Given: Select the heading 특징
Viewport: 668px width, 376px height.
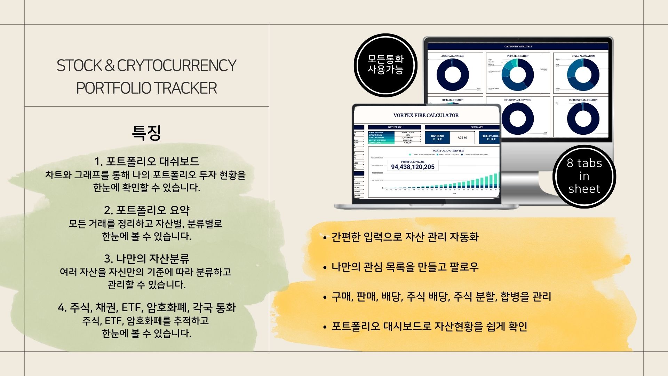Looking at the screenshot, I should (146, 133).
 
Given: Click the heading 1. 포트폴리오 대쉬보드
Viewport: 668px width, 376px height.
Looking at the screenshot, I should (146, 162).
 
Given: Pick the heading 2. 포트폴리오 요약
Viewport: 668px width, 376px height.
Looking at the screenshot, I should (146, 210).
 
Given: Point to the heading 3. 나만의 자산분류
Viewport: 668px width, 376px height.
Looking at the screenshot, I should (146, 259).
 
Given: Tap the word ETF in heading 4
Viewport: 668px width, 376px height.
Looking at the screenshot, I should (131, 308).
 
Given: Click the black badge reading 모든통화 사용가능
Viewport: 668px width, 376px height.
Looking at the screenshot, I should (385, 65).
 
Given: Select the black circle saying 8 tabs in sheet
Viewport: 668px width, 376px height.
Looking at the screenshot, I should (584, 176).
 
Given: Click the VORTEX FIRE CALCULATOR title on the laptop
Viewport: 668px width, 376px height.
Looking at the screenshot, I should (426, 115).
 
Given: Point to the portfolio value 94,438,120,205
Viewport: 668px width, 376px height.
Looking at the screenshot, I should (413, 167).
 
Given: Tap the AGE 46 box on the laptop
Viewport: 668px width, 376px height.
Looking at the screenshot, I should (462, 138).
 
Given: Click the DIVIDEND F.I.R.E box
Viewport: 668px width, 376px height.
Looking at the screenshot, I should (437, 138).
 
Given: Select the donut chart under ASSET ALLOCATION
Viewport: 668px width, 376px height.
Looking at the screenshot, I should (453, 75).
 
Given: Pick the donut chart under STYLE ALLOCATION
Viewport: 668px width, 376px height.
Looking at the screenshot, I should (583, 75).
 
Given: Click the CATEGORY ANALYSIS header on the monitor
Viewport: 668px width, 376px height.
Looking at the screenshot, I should (518, 47).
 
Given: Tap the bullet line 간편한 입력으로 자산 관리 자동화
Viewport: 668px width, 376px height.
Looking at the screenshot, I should (405, 237).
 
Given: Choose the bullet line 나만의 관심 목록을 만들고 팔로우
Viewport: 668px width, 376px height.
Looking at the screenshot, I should (405, 267).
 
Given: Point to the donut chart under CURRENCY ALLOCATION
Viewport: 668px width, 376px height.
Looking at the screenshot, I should (583, 118).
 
